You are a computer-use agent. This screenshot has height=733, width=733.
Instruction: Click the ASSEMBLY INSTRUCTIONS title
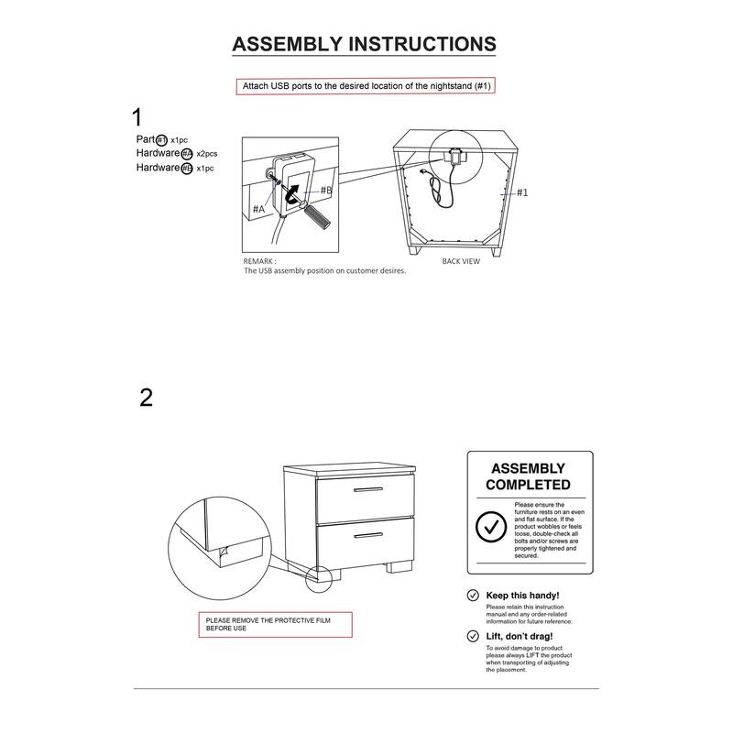coord(365,44)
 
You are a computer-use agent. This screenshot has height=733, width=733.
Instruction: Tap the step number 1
coord(137,117)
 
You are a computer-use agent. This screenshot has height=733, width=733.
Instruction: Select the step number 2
coord(146,398)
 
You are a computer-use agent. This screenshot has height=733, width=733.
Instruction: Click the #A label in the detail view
coord(258,209)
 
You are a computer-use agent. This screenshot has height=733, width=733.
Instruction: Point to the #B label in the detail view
coord(325,190)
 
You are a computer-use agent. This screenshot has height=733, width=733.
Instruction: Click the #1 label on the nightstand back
coord(521,192)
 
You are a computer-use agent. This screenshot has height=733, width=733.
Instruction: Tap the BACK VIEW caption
coord(460,261)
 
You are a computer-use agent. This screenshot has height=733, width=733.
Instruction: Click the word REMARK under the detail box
coord(260,261)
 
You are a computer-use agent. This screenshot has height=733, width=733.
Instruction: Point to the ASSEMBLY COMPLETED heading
coord(528,476)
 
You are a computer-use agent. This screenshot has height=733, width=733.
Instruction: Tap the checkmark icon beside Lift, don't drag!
coord(474,636)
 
